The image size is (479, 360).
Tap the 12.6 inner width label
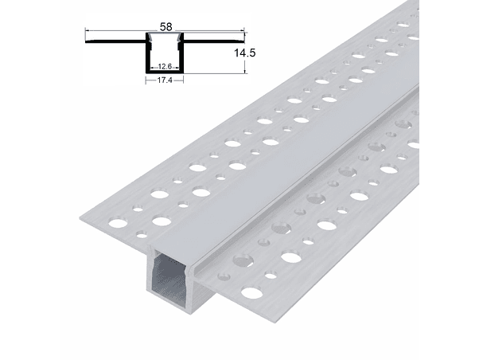click(x=165, y=67)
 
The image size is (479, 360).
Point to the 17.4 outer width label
click(x=165, y=80)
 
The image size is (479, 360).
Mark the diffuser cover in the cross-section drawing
click(x=165, y=36)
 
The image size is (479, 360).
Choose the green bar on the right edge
click(x=449, y=180)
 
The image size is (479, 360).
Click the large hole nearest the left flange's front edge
click(x=162, y=221)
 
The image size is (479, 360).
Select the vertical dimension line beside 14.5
click(x=244, y=54)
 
